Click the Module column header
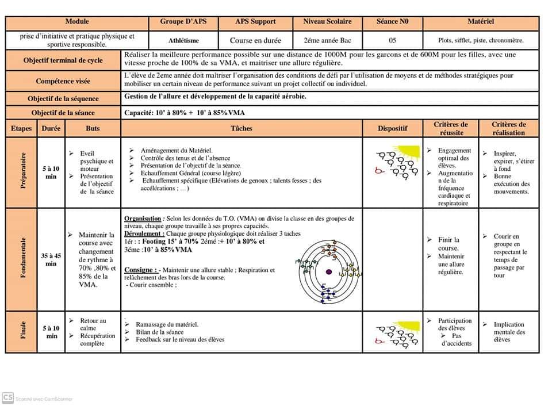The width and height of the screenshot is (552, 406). [x=77, y=22]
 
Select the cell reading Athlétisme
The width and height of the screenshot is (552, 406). [x=183, y=41]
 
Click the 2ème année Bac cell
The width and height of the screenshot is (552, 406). [x=327, y=41]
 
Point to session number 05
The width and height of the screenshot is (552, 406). [x=392, y=41]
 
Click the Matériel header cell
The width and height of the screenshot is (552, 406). [x=481, y=22]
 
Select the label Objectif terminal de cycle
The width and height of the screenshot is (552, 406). [x=63, y=60]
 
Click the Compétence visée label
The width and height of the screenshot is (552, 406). [x=63, y=81]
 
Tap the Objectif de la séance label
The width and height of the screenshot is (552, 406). [x=63, y=113]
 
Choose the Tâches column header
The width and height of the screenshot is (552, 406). [x=241, y=128]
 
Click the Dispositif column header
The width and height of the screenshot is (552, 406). [x=393, y=128]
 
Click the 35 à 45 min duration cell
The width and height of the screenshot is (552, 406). [x=51, y=259]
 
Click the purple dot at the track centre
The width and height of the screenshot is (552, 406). [x=329, y=271]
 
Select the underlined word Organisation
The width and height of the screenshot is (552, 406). [x=143, y=219]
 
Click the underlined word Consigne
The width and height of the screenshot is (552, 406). [x=140, y=270]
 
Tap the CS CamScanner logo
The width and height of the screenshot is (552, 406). [x=8, y=397]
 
